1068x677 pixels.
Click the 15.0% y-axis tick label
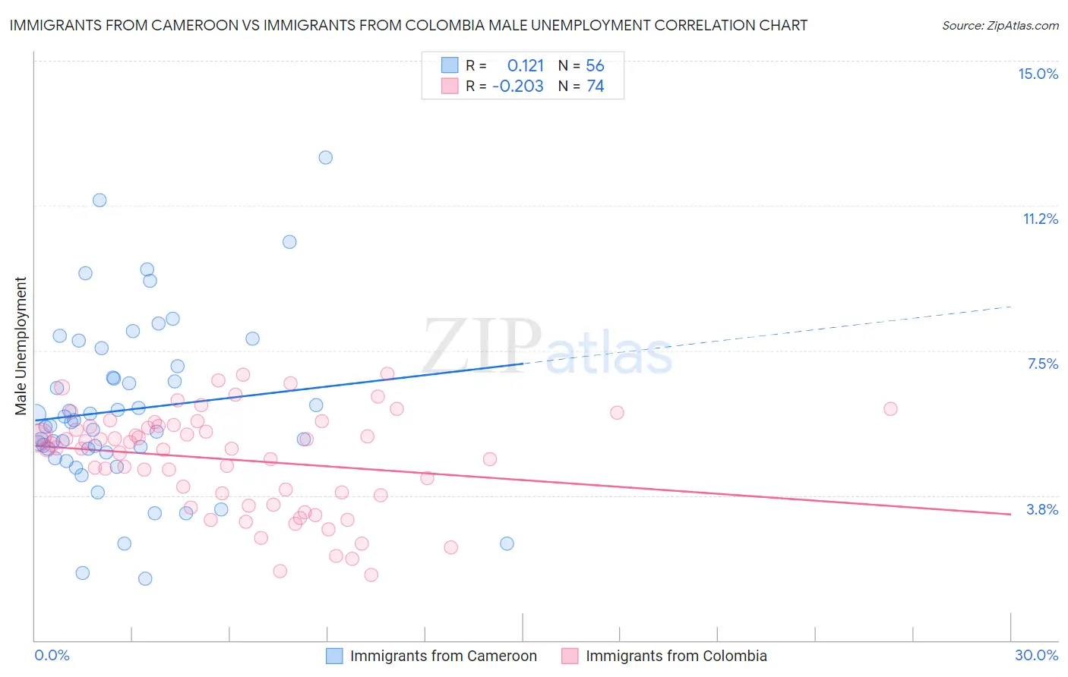(1038, 74)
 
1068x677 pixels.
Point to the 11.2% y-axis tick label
(1040, 219)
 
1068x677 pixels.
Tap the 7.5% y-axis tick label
(1042, 364)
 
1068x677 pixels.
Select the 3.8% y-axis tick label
(1042, 509)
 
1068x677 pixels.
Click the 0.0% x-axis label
(52, 655)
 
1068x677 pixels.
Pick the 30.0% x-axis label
(1036, 655)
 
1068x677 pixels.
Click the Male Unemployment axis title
(21, 346)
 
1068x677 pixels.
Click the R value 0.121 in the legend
(526, 66)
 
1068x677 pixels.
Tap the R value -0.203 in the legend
(518, 87)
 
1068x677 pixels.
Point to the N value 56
(595, 66)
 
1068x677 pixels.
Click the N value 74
(595, 87)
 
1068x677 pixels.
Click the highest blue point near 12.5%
(325, 158)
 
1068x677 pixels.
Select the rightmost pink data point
(890, 408)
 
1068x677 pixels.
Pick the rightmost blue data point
(507, 543)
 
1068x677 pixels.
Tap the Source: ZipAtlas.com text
(1000, 26)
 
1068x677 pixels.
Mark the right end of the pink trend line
(1010, 515)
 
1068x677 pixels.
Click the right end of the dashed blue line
(1010, 307)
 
